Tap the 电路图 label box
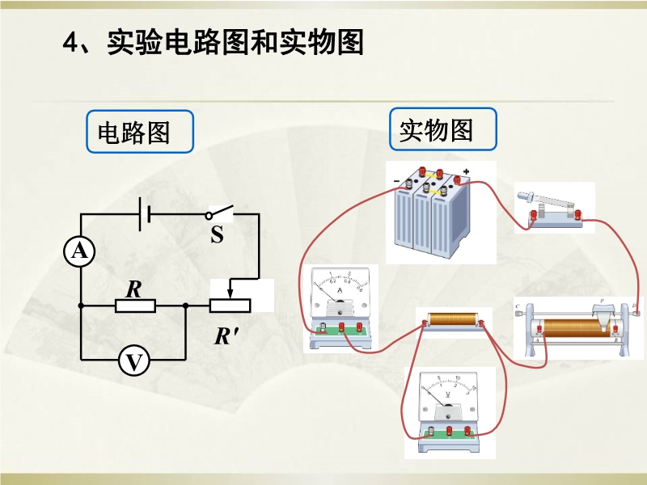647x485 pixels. [x=140, y=132]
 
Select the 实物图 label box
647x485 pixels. [x=442, y=129]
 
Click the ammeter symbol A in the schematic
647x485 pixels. [x=80, y=252]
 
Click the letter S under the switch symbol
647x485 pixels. [x=217, y=235]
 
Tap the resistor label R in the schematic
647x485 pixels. [x=133, y=287]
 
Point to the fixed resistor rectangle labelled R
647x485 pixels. [x=135, y=306]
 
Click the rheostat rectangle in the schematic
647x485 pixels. [x=230, y=306]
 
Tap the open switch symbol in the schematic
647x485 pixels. [x=219, y=213]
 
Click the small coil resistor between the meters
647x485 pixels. [x=453, y=321]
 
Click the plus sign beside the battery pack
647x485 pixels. [x=467, y=171]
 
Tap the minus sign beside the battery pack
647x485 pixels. [x=396, y=180]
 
